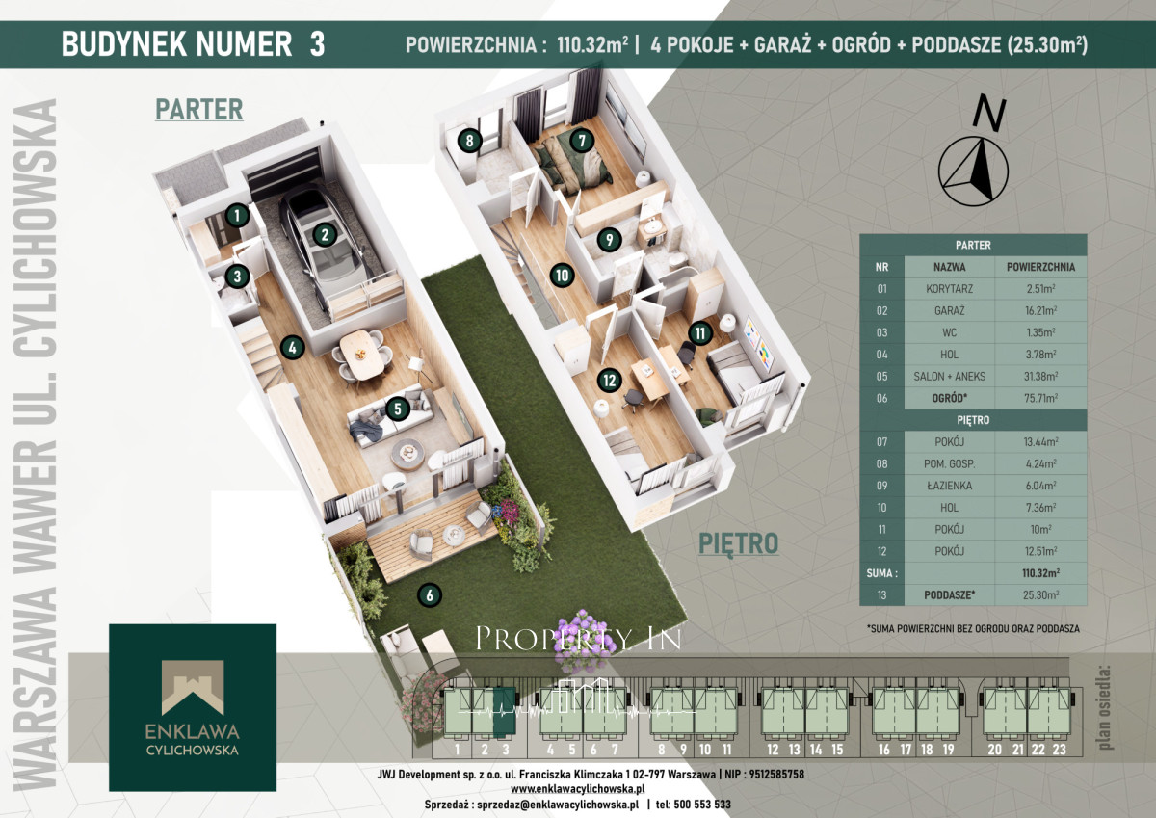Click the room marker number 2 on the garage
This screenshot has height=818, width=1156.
coord(325,235)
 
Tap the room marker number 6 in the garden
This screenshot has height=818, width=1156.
coord(430,595)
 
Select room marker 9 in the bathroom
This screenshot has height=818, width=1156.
coord(610,240)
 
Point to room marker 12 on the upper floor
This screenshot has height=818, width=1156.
coord(610,381)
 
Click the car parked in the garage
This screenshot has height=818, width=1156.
coord(323,248)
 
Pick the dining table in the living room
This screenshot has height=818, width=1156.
coord(361,354)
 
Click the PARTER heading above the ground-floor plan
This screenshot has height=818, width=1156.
coord(199,110)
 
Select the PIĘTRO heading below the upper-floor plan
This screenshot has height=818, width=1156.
coord(739,544)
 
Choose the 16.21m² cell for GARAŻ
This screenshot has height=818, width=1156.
coord(1041,310)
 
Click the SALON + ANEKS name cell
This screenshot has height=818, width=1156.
coord(950,376)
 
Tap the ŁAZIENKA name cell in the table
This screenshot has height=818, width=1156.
coord(950,486)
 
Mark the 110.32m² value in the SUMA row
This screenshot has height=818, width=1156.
coord(1041,573)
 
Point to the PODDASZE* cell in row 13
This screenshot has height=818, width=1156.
coord(950,595)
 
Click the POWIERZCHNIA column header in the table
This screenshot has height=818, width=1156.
coord(1041,267)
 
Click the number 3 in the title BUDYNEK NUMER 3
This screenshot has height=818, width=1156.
coord(317,44)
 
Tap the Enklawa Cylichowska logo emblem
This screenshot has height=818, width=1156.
coord(193,687)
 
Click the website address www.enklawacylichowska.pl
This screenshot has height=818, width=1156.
coord(577,789)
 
